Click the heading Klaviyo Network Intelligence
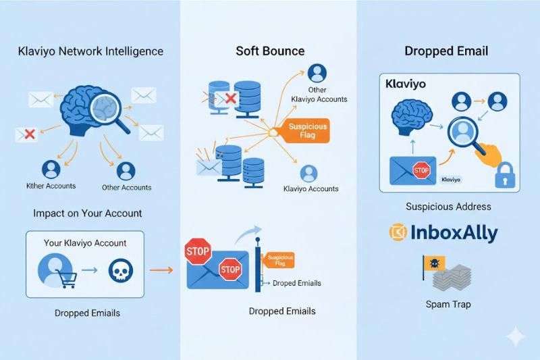90,51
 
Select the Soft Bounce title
270,51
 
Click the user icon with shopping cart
55,270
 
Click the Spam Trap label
448,304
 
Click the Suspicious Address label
448,206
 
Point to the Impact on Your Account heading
88,213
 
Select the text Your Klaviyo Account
86,242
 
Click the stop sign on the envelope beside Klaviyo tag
421,170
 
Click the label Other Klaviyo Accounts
319,94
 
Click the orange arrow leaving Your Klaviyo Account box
159,270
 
